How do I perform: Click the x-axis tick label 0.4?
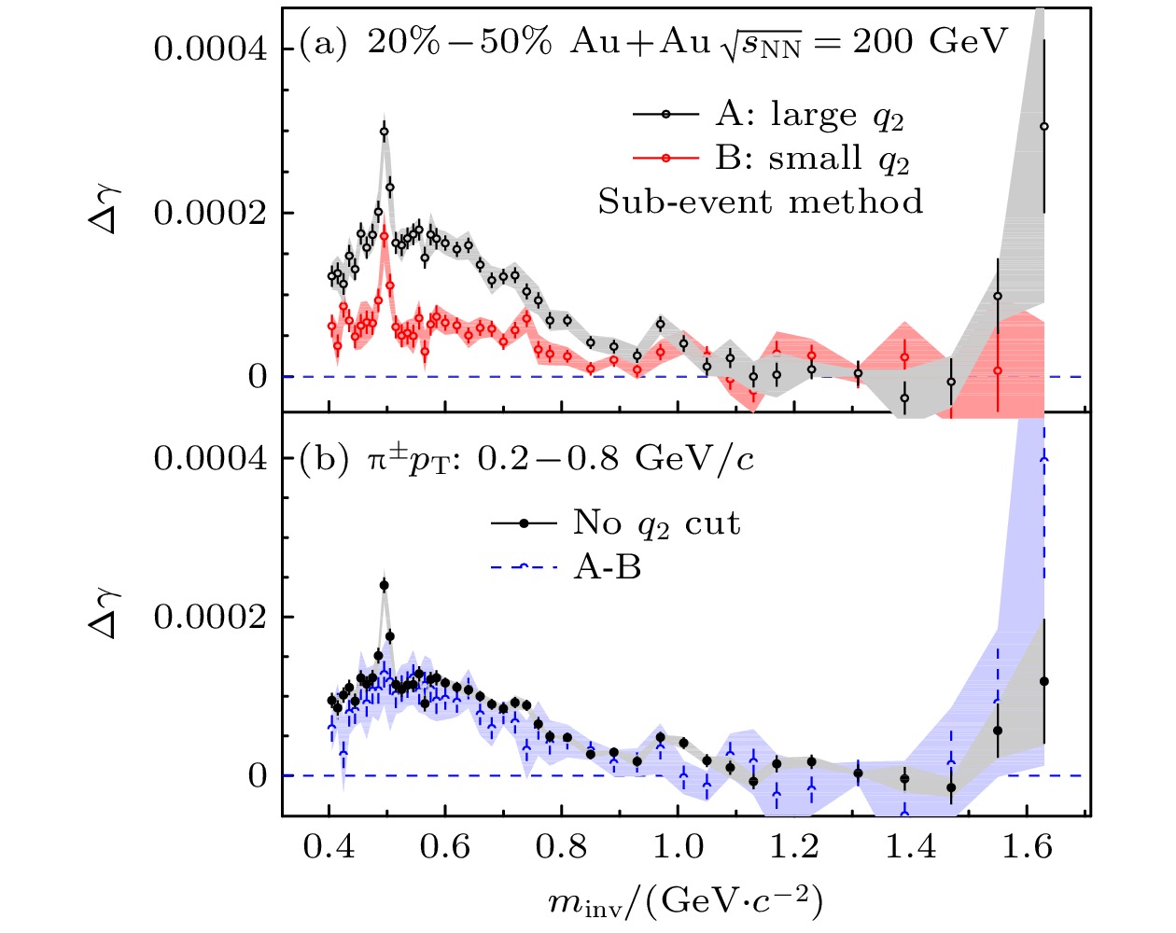(x=329, y=847)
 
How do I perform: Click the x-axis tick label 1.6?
(x=1027, y=847)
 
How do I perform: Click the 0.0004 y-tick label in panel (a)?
(x=210, y=49)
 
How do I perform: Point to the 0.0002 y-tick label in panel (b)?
(x=210, y=618)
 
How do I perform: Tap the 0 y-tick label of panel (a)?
(x=258, y=377)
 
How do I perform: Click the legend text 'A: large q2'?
(x=809, y=115)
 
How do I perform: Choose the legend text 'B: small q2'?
(x=812, y=159)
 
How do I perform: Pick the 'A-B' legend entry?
(x=607, y=566)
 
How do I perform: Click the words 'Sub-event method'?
(x=761, y=202)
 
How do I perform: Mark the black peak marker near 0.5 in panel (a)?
(x=384, y=132)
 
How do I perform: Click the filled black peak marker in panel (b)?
(x=384, y=586)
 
